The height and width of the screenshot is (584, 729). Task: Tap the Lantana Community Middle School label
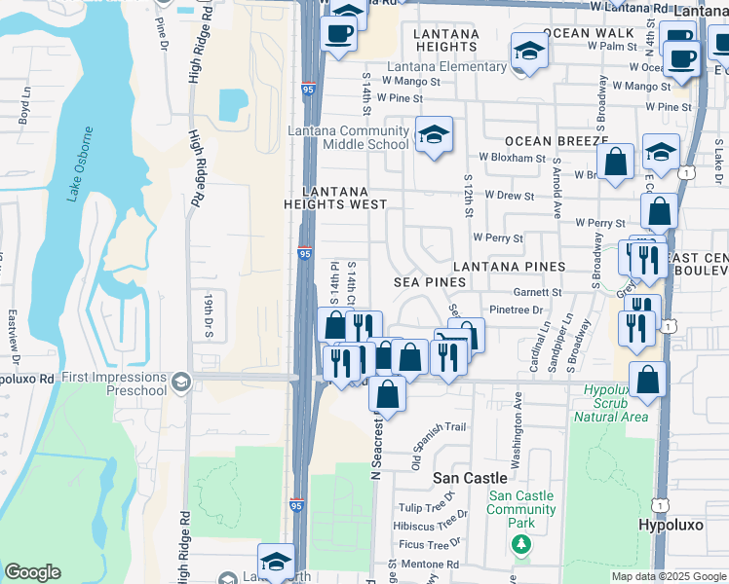click(x=348, y=137)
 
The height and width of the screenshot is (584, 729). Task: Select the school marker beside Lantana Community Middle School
click(x=434, y=134)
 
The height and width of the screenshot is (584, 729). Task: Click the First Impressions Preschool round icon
click(x=178, y=381)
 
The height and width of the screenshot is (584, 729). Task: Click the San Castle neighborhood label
click(x=470, y=478)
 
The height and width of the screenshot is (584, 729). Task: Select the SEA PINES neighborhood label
click(x=429, y=281)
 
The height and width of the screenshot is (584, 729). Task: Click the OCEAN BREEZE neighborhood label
click(x=556, y=141)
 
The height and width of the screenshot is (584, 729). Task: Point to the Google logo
click(x=32, y=572)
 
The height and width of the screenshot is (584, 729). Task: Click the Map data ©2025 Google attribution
click(x=669, y=576)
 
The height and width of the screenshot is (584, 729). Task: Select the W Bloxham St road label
click(x=512, y=157)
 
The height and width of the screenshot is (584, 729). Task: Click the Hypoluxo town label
click(x=670, y=525)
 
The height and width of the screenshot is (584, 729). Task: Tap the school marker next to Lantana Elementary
click(x=528, y=53)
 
